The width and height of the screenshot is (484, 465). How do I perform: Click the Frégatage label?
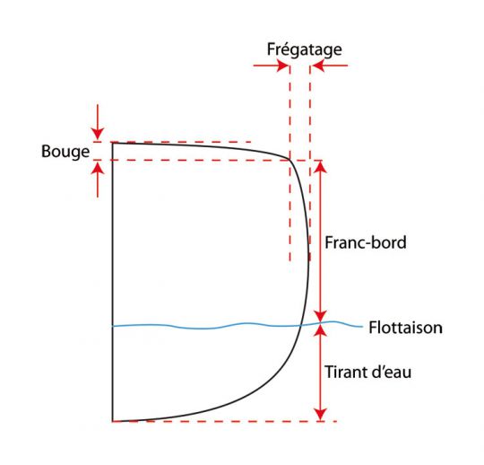click(305, 49)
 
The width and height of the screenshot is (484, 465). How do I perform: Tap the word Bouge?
click(65, 152)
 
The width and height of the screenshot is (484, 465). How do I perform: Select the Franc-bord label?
click(366, 242)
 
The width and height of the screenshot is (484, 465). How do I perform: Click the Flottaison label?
click(406, 328)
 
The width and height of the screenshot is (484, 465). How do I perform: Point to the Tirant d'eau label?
click(368, 372)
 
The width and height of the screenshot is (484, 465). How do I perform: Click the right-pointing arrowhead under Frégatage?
click(282, 66)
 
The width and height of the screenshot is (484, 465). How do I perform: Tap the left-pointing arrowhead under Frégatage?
click(317, 66)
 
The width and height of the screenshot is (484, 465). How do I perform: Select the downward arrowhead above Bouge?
click(98, 134)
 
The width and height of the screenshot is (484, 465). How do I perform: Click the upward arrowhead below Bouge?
click(98, 168)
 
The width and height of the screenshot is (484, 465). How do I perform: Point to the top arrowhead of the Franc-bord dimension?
click(321, 167)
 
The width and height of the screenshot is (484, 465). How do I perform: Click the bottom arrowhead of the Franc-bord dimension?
click(321, 316)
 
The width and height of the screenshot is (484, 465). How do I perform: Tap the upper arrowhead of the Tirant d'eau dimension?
click(321, 330)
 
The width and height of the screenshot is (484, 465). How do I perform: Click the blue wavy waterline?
click(238, 325)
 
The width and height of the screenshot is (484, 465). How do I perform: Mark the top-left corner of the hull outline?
click(113, 143)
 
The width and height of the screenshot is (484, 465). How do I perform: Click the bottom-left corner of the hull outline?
click(113, 421)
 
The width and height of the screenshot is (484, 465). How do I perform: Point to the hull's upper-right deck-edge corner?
click(290, 159)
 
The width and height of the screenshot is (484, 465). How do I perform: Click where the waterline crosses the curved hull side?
click(300, 326)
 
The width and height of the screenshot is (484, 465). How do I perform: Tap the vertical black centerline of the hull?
click(113, 282)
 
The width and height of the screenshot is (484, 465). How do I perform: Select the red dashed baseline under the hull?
click(225, 421)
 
